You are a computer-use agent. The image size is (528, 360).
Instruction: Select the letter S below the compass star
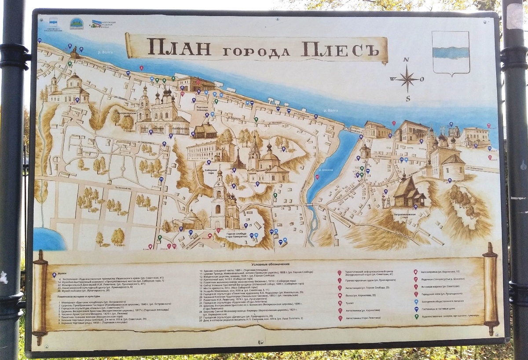(x=407, y=99)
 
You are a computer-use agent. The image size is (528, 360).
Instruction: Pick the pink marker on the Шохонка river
(x=317, y=177)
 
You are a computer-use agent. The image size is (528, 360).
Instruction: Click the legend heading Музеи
(x=62, y=273)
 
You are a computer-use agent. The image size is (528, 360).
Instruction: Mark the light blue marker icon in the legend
(x=416, y=301)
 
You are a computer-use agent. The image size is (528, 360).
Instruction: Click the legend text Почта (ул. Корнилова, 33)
(x=360, y=295)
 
